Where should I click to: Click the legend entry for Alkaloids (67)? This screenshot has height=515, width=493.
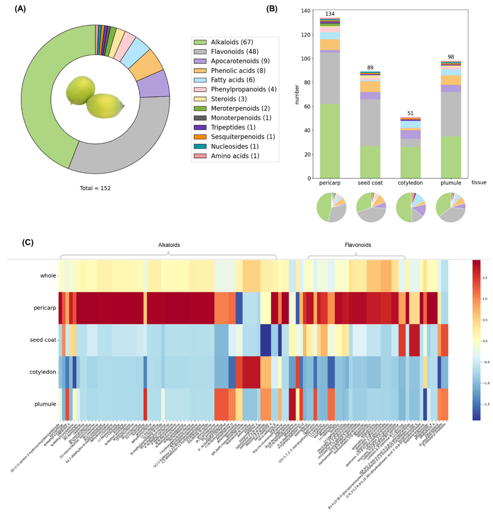[x=232, y=42]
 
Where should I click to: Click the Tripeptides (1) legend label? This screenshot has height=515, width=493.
[x=233, y=127]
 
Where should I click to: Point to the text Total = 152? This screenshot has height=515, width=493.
[x=95, y=188]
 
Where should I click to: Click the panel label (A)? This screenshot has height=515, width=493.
[x=20, y=9]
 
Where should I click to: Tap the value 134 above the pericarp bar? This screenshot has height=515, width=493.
[x=330, y=14]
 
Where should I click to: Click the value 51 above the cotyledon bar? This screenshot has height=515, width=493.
[x=410, y=113]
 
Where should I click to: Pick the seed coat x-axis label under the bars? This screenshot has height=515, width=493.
[x=370, y=183]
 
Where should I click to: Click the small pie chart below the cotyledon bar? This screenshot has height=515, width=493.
[x=411, y=207]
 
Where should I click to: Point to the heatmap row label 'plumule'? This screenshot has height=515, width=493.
[x=45, y=404]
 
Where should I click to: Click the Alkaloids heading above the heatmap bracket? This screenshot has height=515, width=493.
[x=169, y=245]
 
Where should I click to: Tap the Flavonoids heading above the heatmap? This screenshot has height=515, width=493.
[x=358, y=245]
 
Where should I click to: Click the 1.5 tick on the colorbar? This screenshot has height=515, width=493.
[x=485, y=278]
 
